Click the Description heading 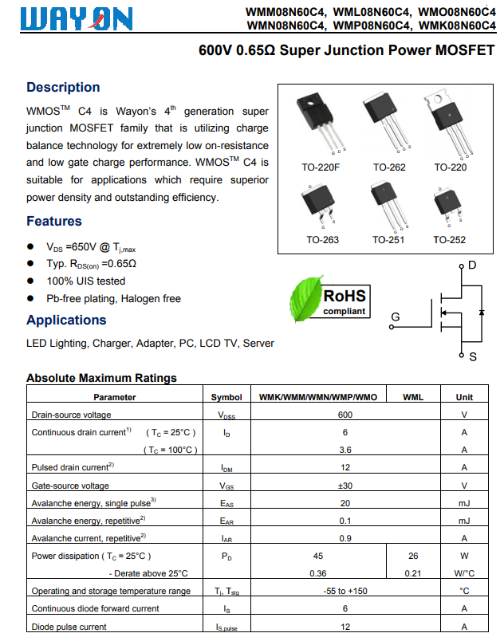(63, 88)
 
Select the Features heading (54, 221)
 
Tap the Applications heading (66, 320)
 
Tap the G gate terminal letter (395, 317)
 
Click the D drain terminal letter (472, 265)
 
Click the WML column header (413, 397)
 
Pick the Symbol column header (226, 397)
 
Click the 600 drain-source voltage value (345, 415)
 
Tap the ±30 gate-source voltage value (345, 486)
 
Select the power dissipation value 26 (413, 556)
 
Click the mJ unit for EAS (464, 503)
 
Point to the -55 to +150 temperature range (345, 591)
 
